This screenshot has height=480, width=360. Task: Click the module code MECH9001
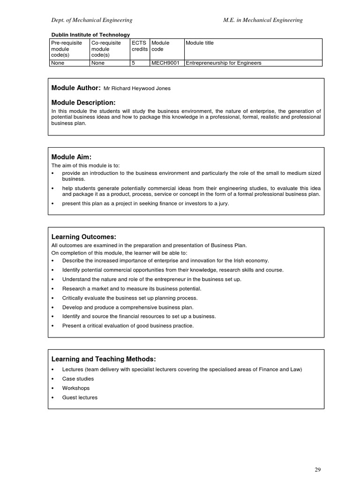(165, 63)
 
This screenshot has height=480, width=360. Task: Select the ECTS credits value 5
(134, 63)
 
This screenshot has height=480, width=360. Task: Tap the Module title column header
(200, 43)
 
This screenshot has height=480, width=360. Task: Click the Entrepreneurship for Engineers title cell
(224, 63)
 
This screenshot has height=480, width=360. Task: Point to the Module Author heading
(75, 88)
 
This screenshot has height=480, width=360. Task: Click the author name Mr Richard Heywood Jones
(137, 88)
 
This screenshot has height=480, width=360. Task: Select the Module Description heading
(83, 102)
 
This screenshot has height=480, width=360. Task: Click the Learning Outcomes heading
(83, 237)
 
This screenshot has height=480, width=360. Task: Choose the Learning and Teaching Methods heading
(103, 359)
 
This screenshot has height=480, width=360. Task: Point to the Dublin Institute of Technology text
(90, 35)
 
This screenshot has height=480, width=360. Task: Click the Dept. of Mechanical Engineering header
(91, 20)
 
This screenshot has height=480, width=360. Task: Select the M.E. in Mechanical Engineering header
(263, 20)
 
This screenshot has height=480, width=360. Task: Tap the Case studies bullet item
(78, 379)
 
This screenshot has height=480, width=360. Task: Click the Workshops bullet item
(75, 388)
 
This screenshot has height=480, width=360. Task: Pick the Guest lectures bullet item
(80, 397)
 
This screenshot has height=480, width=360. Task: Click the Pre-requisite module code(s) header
(66, 49)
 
